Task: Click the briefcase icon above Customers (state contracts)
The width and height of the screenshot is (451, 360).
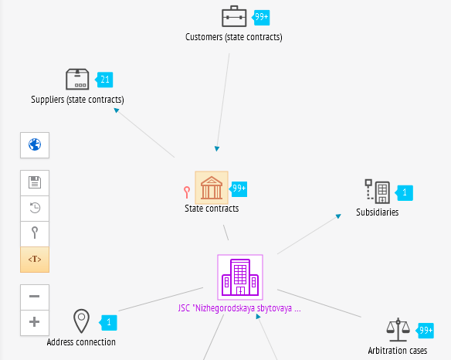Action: (x=234, y=16)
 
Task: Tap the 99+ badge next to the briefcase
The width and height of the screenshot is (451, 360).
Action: (x=261, y=17)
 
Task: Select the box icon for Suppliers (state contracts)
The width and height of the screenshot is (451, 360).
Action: (x=77, y=79)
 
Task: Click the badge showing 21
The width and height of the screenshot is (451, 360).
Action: (x=104, y=80)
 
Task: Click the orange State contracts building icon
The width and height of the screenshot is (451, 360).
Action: (x=212, y=188)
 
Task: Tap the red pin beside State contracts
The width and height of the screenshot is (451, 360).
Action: (x=187, y=192)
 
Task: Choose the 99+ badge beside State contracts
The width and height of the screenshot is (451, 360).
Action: (x=239, y=188)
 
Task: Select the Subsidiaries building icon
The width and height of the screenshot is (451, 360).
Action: (x=378, y=192)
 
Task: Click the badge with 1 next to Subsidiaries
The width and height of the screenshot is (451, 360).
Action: (x=404, y=193)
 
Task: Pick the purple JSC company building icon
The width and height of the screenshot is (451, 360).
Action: (x=240, y=277)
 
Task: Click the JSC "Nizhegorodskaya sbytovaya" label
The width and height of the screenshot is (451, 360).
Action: (x=239, y=308)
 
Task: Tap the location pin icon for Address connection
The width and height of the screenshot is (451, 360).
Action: (x=81, y=321)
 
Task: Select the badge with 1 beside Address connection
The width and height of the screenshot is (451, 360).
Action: (x=108, y=323)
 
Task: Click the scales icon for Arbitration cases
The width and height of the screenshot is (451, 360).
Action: (x=398, y=330)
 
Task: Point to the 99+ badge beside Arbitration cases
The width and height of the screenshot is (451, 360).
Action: (x=425, y=331)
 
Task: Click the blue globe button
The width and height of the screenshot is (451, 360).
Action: (x=35, y=145)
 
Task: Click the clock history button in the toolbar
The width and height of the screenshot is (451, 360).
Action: (x=35, y=209)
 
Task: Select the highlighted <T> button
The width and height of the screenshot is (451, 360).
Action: (x=35, y=260)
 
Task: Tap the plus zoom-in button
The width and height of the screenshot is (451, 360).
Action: (x=35, y=322)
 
